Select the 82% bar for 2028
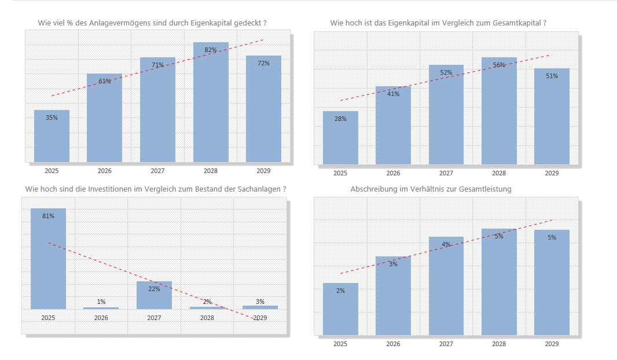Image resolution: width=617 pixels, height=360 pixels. (x=211, y=104)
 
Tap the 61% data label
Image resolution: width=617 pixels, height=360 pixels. (x=105, y=82)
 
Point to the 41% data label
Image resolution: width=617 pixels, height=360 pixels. (x=393, y=94)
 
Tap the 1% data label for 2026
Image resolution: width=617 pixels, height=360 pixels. (x=101, y=302)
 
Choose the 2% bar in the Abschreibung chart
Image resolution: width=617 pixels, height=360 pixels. (x=340, y=310)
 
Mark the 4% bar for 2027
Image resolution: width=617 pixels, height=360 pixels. (x=446, y=286)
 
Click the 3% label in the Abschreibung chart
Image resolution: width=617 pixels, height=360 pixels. (x=393, y=264)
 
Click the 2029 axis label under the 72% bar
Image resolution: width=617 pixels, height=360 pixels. (x=263, y=171)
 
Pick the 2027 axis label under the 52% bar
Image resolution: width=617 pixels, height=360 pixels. (x=446, y=173)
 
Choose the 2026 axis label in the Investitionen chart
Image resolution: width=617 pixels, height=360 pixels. (x=101, y=318)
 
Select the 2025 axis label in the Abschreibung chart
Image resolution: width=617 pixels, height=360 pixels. (x=340, y=344)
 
